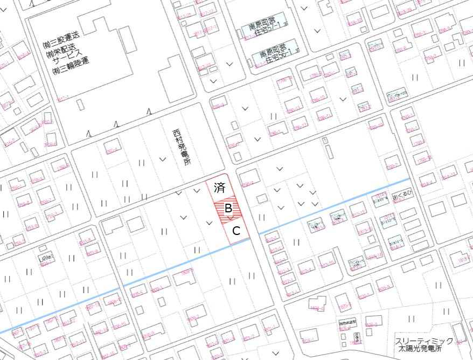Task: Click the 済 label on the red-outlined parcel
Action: tap(219, 188)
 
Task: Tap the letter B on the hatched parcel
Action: tap(228, 207)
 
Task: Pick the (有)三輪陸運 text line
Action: tap(70, 66)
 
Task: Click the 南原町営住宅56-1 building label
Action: tap(274, 54)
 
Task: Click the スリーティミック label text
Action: tap(424, 341)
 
